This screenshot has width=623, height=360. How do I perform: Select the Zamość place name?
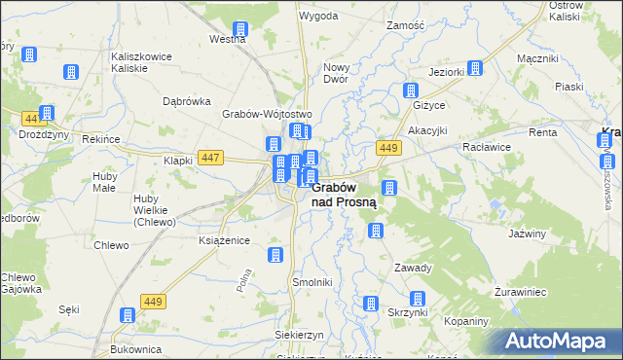click(x=405, y=24)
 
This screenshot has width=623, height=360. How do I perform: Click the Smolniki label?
click(x=312, y=282)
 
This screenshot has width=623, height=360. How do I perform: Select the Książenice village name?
click(x=225, y=240)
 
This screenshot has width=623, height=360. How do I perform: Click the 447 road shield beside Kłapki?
click(x=209, y=157)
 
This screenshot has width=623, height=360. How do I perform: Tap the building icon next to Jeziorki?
click(x=474, y=68)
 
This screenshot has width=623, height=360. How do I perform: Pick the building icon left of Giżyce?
click(x=411, y=90)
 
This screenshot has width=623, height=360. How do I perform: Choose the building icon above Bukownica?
click(x=127, y=315)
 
